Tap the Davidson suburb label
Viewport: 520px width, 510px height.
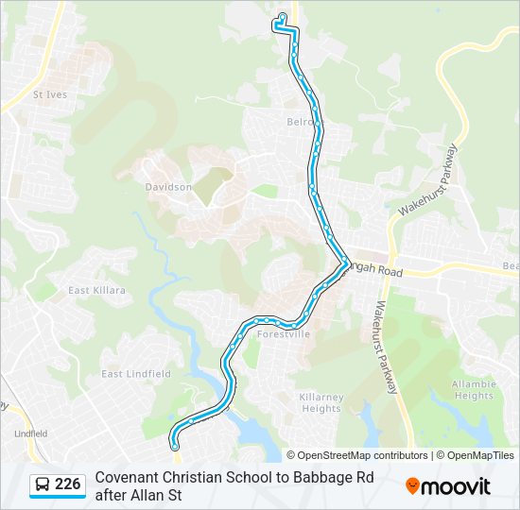[168, 187]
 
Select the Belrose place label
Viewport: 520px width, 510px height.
[304, 122]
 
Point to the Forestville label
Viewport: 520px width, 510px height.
[283, 333]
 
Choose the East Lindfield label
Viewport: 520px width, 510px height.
[136, 374]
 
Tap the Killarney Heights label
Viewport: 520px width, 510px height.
[320, 402]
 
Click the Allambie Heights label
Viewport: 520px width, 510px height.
[474, 390]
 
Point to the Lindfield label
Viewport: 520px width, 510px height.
[31, 433]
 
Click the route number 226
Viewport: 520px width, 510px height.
[68, 484]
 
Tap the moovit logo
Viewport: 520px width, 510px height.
[448, 486]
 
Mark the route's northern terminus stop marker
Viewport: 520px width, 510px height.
[283, 15]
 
